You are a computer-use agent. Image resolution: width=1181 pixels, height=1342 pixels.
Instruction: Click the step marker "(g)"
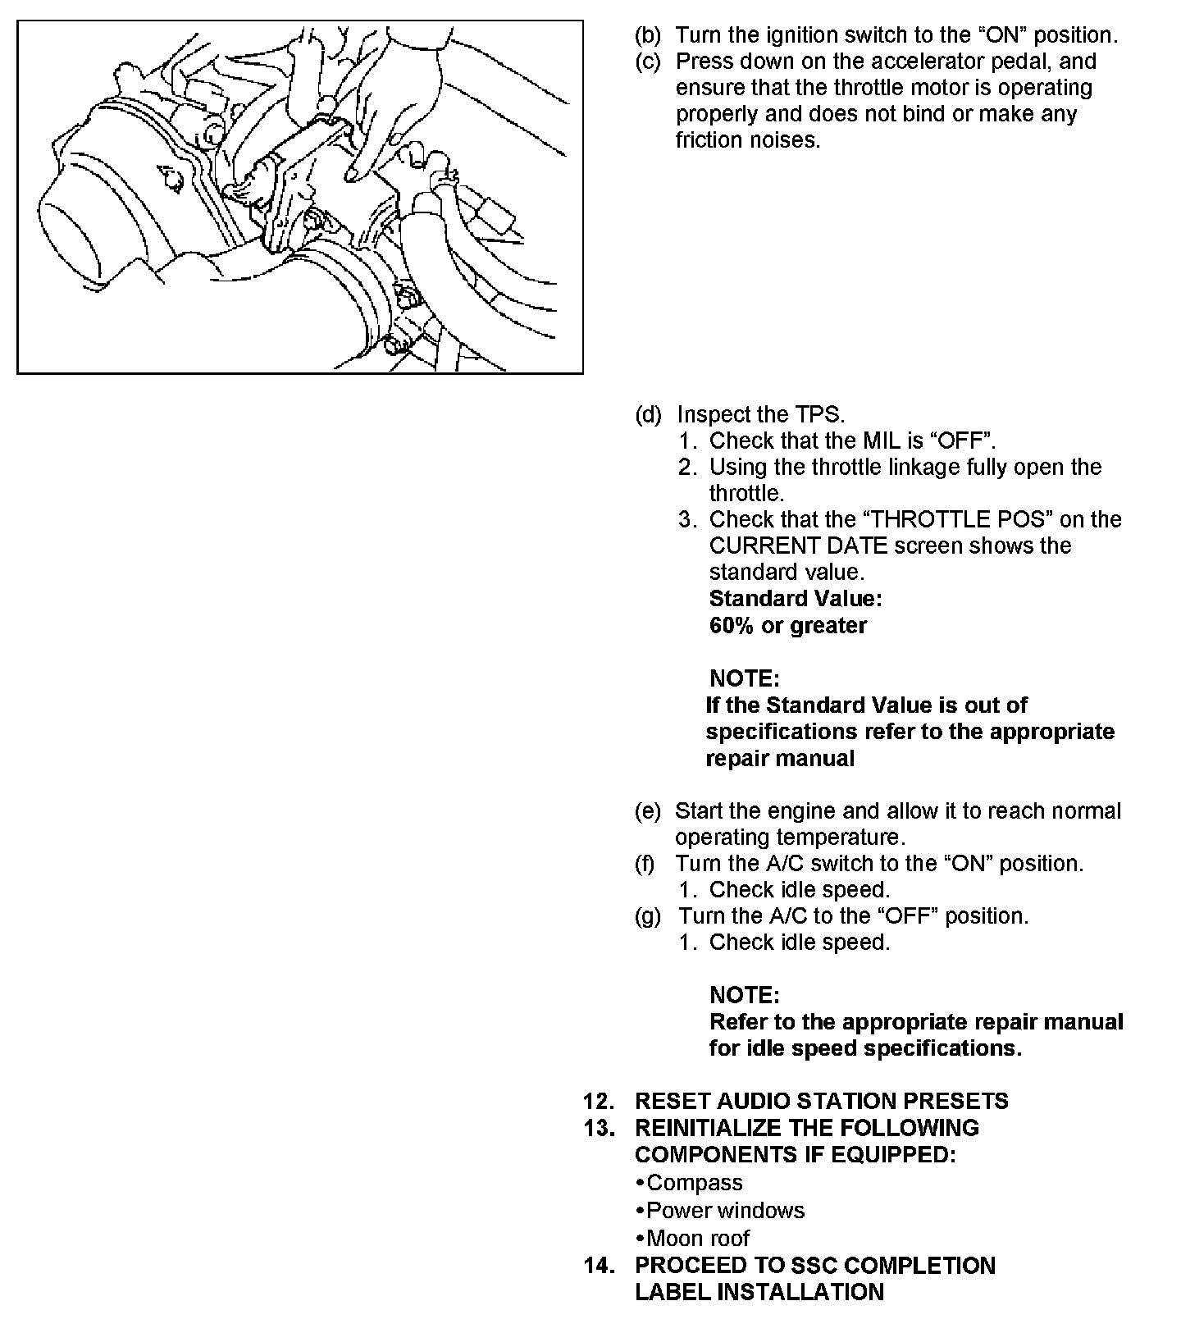(648, 915)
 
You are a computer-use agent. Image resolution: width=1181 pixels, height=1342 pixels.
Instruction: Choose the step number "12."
(599, 1101)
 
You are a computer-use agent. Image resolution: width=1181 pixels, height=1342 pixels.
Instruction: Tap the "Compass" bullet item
(694, 1182)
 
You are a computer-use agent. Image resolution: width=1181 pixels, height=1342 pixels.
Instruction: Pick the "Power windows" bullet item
(725, 1210)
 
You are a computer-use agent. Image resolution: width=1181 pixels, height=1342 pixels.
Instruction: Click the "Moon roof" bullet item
(697, 1238)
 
